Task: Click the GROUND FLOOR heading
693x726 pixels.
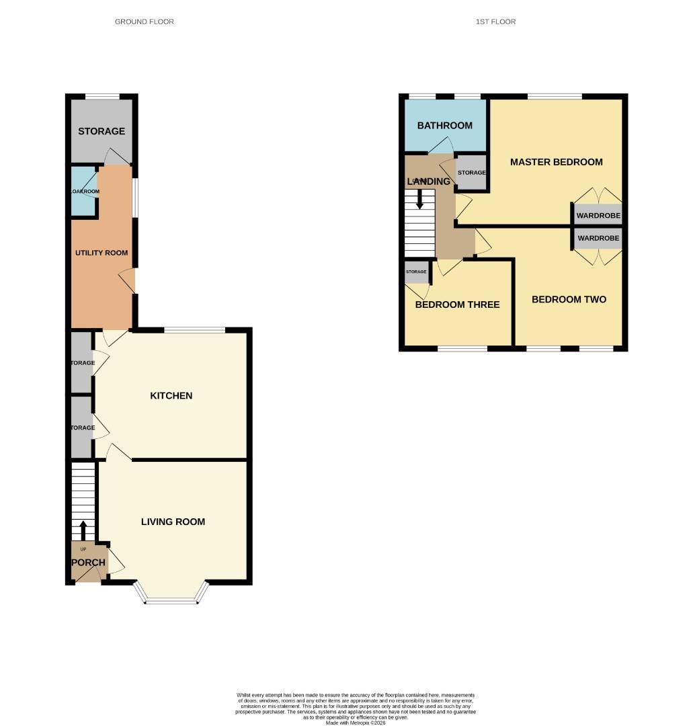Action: [144, 22]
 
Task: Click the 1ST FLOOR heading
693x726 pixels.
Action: [495, 22]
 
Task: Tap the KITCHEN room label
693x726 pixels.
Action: [171, 396]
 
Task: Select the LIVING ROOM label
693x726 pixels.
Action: [173, 522]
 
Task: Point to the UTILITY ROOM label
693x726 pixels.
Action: [101, 253]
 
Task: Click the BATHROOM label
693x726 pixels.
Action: [444, 126]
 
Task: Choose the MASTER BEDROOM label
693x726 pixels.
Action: [556, 162]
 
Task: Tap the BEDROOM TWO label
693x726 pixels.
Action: [569, 300]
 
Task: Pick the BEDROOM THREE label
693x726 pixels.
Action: [457, 305]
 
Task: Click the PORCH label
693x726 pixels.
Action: [88, 563]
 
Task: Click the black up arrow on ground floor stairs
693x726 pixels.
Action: [83, 530]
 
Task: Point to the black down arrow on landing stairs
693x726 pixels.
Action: [419, 199]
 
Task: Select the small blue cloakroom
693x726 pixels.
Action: [85, 192]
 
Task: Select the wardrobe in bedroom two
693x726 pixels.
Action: [598, 239]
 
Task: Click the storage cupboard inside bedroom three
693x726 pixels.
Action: [416, 272]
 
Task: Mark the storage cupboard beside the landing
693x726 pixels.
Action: [471, 173]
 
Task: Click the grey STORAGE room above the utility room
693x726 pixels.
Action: [101, 131]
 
